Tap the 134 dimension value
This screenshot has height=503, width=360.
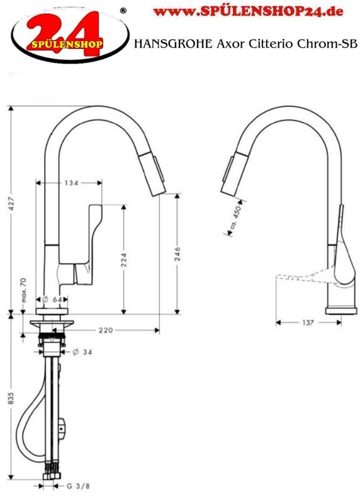click(x=70, y=183)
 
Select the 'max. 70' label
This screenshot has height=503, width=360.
click(x=23, y=290)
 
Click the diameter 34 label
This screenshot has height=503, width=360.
click(x=82, y=351)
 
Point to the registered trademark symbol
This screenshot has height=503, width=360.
click(x=123, y=10)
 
